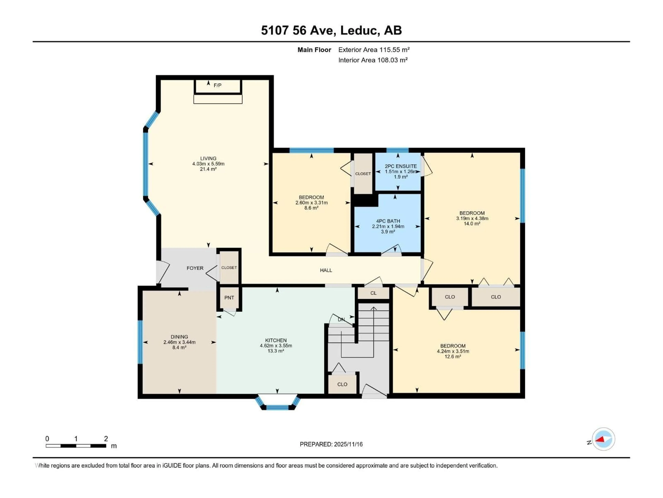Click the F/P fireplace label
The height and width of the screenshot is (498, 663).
[x=218, y=86]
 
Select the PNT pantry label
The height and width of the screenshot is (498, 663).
[x=229, y=298]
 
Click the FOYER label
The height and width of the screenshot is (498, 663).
[x=195, y=268]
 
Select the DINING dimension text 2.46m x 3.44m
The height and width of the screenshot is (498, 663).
[x=179, y=342]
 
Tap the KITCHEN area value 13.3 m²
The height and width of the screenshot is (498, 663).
[x=276, y=351]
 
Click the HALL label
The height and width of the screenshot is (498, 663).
[x=326, y=270]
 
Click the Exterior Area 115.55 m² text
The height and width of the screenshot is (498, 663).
[x=374, y=50]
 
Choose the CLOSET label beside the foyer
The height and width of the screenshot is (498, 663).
[x=229, y=268]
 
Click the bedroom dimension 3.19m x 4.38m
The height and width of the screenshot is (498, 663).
[x=472, y=219]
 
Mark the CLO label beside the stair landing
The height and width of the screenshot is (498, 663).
[x=342, y=384]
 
